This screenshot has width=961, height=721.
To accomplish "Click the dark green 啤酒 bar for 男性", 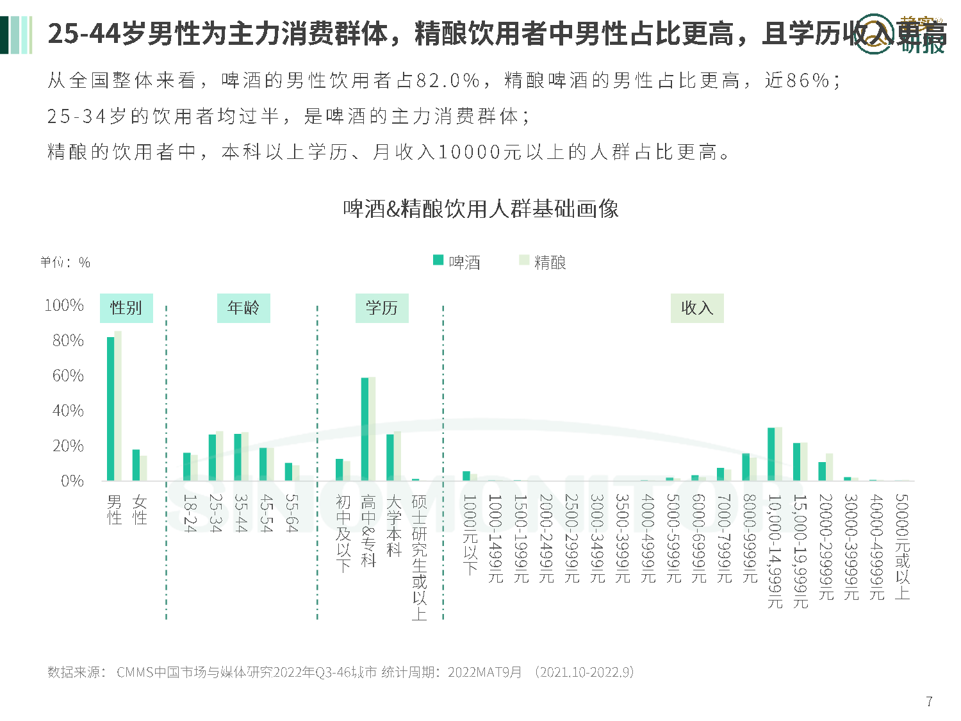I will [x=110, y=409].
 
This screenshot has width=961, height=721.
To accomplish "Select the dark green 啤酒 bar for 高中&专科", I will [x=365, y=429].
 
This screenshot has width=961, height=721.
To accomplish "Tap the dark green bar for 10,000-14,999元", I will [x=771, y=454].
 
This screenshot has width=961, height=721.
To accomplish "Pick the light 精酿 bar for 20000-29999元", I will [x=830, y=467].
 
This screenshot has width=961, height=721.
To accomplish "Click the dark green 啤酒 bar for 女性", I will [x=136, y=465].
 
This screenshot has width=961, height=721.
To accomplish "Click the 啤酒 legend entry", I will [x=457, y=261].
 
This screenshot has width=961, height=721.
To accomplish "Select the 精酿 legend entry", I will [x=543, y=261].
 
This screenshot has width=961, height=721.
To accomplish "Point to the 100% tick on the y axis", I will [x=64, y=305].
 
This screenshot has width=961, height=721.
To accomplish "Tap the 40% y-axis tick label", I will [x=68, y=410].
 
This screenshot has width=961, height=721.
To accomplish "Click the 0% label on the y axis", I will [x=72, y=481].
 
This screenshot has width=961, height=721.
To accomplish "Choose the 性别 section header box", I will [x=126, y=308].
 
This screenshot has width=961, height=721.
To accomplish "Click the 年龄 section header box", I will [x=243, y=308].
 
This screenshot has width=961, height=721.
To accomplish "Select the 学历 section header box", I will [x=382, y=308].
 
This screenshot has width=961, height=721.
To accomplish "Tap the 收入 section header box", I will [x=697, y=308].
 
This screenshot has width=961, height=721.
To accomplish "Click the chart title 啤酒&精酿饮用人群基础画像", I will [x=481, y=209].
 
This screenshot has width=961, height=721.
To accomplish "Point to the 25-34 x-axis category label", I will [x=215, y=513].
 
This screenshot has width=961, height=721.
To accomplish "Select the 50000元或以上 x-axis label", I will [x=902, y=546].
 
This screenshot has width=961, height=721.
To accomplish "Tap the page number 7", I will [x=930, y=701].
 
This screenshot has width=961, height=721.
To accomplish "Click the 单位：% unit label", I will [x=65, y=262].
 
